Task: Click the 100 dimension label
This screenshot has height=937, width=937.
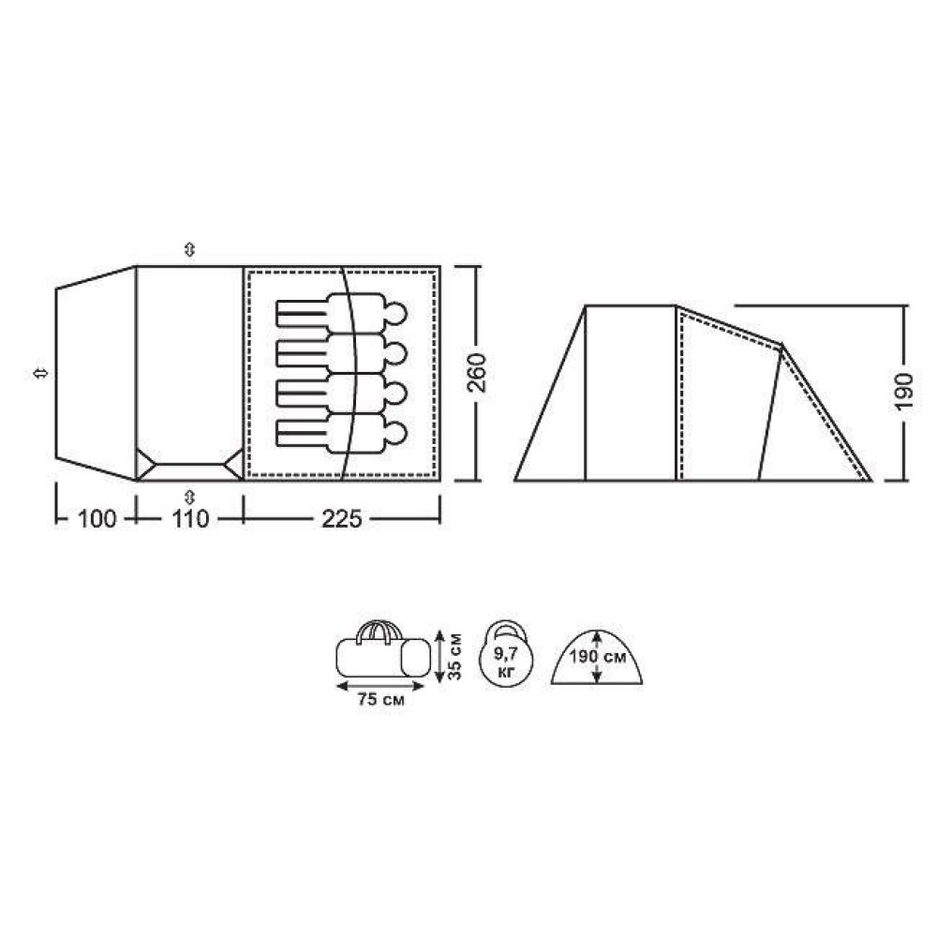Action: pos(97,519)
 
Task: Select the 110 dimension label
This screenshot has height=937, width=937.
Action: pos(190,519)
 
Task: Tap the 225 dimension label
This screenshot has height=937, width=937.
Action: pos(342,519)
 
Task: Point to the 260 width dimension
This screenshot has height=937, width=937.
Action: pos(477,373)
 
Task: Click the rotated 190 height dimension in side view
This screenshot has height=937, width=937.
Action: pos(904,392)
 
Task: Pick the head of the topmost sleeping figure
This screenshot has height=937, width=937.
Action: pos(395,313)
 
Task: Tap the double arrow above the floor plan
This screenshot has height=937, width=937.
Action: pos(190,249)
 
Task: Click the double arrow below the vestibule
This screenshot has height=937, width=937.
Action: pos(190,496)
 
